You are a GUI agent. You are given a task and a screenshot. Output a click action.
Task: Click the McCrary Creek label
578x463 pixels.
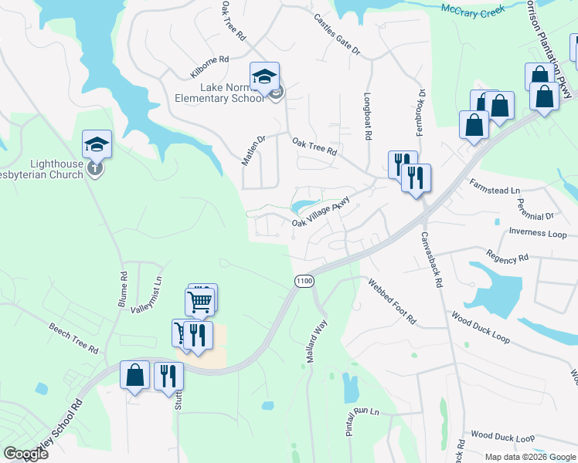point(474,9)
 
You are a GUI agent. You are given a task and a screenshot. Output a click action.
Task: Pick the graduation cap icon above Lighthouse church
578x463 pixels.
point(97,144)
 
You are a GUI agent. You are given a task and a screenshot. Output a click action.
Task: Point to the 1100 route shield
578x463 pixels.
point(304,282)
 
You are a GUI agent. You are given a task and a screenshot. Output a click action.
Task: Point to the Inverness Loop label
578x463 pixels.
point(538,232)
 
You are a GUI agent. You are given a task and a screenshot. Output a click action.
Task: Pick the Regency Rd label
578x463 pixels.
point(507,255)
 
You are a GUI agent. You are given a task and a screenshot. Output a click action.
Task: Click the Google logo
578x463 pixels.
point(25,454)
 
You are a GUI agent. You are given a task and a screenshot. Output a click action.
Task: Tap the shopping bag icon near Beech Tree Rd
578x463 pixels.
point(135,375)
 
